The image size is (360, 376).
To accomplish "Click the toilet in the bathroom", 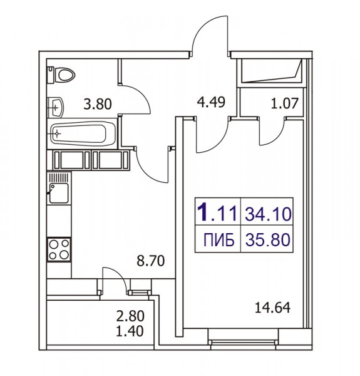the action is coord(61,75).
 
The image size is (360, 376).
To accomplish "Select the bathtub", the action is coord(82,133).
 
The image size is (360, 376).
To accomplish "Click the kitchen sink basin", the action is coord(59,193).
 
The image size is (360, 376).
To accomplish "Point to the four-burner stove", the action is coord(59,249).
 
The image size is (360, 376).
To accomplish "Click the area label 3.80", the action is coord(98,105).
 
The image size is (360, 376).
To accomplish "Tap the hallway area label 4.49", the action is coord(211,102).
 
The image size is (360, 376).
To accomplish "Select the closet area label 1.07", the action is coord(284,103).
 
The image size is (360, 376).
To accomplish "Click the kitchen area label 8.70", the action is coord(151,261).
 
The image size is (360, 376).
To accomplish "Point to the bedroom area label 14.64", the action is coord(272,308).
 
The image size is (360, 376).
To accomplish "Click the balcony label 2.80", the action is coord(130,316).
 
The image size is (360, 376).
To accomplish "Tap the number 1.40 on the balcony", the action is coord(130,331).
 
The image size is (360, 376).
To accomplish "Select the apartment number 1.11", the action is coord(217,212).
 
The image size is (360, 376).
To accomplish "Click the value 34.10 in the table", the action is coord(268,214).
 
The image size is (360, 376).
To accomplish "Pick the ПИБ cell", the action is coord(219,240).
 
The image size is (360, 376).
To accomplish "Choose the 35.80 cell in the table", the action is coord(268,240).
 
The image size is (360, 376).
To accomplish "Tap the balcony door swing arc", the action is coord(118,274).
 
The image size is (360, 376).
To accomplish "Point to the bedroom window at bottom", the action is coord(243,342).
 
